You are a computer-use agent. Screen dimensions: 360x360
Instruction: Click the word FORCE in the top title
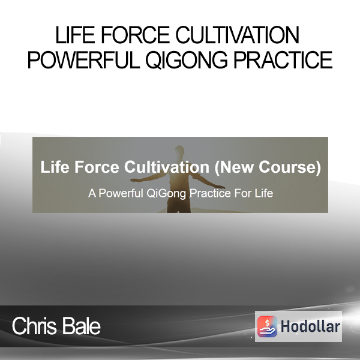tap(135, 35)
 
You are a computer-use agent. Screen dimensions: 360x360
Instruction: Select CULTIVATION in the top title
tap(238, 35)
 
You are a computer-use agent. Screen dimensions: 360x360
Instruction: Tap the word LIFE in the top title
tap(75, 35)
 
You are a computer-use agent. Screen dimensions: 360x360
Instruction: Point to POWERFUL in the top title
tap(83, 60)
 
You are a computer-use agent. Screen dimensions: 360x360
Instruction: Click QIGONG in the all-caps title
tap(187, 61)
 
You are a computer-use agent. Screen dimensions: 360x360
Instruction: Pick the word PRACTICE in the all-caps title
tap(283, 60)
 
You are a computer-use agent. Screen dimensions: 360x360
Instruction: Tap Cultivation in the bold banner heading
tap(167, 167)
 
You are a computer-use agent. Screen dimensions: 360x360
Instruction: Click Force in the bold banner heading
tap(97, 167)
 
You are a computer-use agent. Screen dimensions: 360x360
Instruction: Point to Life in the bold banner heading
tap(55, 167)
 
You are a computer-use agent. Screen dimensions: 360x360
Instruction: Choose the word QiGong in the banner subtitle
tap(166, 194)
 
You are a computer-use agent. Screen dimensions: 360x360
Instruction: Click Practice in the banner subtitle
tap(211, 193)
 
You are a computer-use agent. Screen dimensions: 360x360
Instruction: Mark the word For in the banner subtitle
tap(242, 193)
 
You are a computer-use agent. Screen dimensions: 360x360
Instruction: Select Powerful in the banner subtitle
tap(121, 193)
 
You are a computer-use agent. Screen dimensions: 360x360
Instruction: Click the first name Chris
tap(34, 326)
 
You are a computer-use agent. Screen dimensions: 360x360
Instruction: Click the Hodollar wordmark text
tap(310, 326)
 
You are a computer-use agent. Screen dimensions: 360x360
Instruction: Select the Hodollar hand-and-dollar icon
tap(267, 326)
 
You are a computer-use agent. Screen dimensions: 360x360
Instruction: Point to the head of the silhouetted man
tap(180, 151)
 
